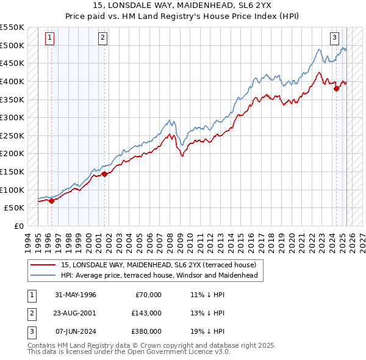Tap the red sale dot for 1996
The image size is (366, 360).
[51, 200]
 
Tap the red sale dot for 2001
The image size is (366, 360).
[104, 174]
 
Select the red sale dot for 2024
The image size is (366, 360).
[336, 88]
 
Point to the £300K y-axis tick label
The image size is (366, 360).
[12, 117]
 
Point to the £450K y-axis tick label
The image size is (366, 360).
[12, 63]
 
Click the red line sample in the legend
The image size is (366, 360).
[43, 265]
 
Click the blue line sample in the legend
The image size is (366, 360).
[43, 275]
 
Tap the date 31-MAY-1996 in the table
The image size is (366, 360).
[76, 295]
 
